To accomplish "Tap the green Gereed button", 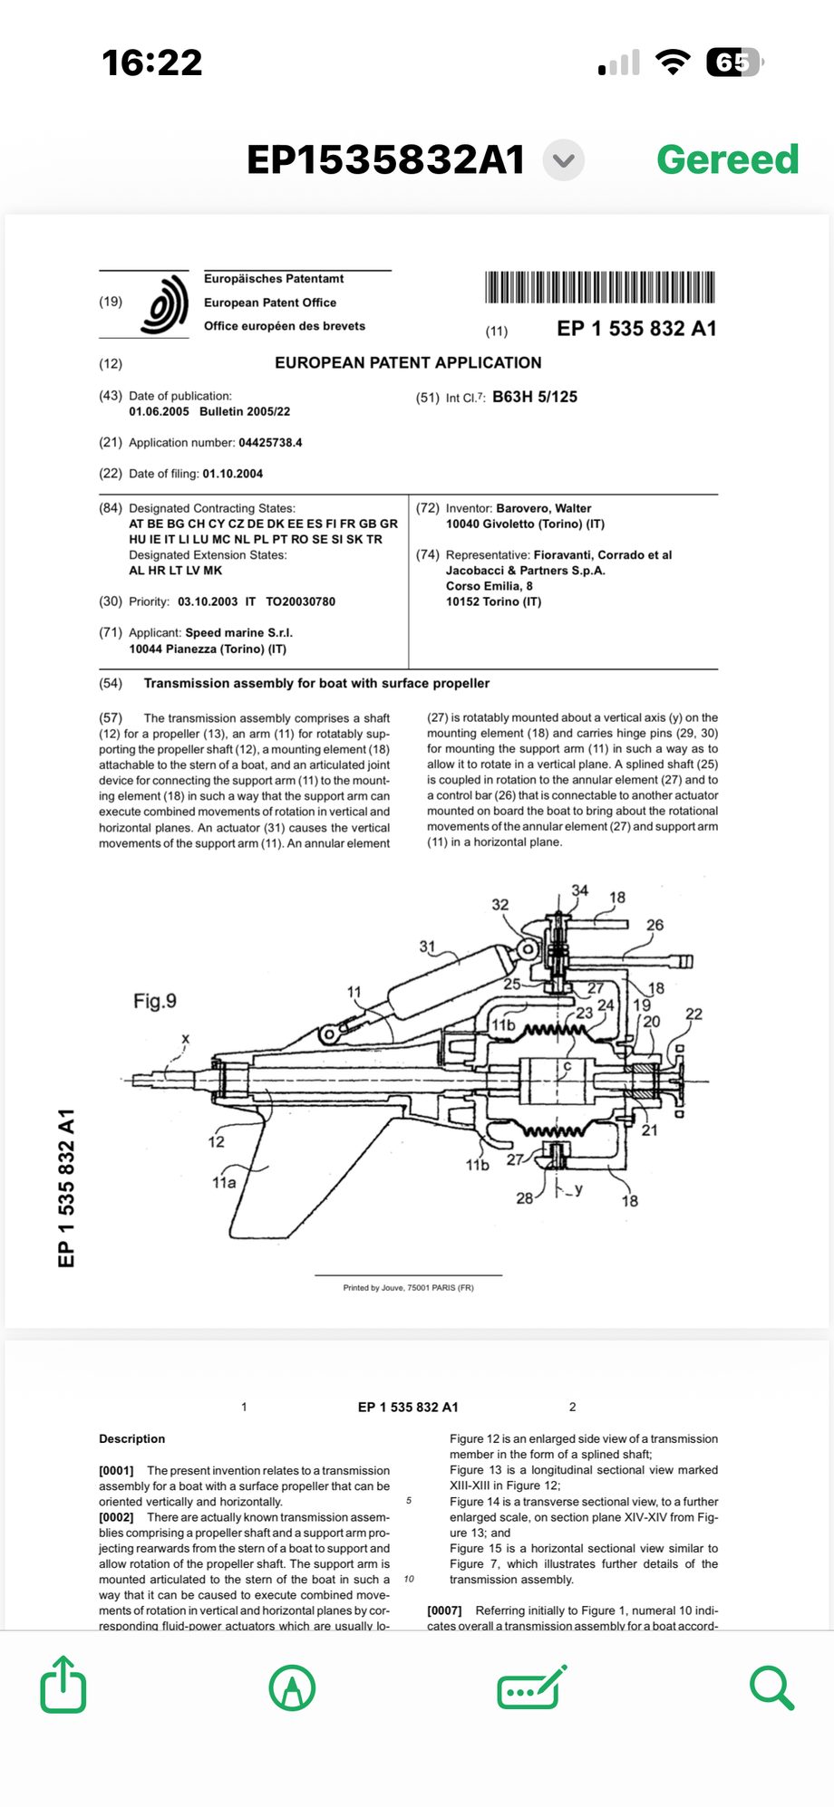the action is point(727,159).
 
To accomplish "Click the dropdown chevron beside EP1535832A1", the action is point(563,160).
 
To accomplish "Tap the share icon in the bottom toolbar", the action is point(63,1684).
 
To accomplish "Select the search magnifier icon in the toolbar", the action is point(772,1687).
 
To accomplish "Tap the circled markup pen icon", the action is point(293,1687).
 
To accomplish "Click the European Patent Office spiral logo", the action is point(164,304).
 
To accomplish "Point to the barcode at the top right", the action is point(600,287).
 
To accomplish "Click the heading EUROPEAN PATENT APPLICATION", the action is point(408,362).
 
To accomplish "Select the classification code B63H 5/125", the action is point(535,397).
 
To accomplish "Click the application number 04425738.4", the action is point(270,443).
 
